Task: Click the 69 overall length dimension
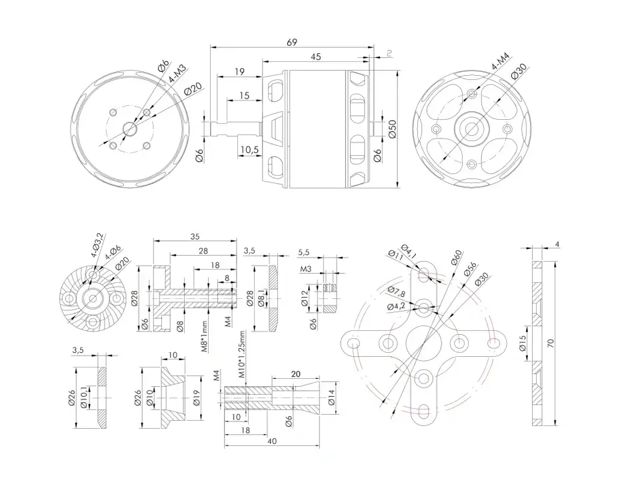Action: [292, 42]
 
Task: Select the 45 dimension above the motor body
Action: [316, 57]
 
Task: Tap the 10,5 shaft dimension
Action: [249, 150]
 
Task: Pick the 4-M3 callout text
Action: [178, 75]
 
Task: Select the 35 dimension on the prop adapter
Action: [195, 236]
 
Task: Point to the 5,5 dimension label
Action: [304, 252]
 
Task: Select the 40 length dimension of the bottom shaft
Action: [271, 441]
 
